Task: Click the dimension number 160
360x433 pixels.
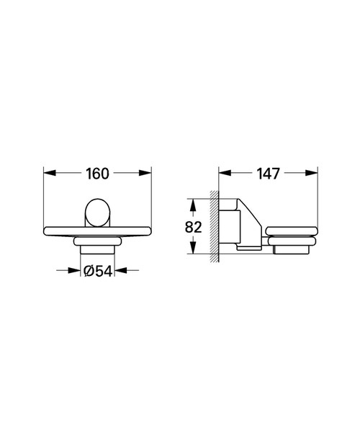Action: (98, 174)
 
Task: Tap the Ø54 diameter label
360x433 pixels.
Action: (97, 271)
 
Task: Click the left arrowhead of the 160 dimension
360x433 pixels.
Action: (49, 174)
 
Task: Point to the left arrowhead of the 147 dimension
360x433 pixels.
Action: (224, 174)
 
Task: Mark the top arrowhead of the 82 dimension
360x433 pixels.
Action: (192, 202)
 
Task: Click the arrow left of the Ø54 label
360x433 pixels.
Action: (73, 271)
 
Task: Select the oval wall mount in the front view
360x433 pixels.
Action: (97, 213)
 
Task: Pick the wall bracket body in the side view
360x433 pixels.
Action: (241, 223)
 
